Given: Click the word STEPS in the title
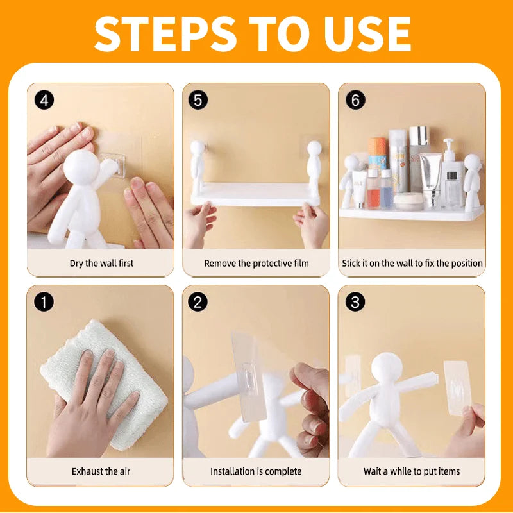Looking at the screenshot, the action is click(165, 34).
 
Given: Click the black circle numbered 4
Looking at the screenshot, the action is click(44, 100).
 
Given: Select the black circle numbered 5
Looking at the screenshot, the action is click(198, 100).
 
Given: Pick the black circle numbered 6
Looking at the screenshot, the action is click(355, 100).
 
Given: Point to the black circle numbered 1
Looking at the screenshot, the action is click(44, 301).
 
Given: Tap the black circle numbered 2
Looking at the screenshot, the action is click(198, 301).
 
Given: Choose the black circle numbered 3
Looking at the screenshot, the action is click(355, 301).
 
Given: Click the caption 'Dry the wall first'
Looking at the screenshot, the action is click(101, 264).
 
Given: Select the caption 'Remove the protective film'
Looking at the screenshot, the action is click(256, 264).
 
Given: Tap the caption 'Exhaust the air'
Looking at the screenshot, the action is click(101, 471).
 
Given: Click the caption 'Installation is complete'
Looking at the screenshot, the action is click(256, 471).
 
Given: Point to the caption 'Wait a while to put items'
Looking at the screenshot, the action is click(412, 471).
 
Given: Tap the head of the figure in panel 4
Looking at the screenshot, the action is click(81, 168).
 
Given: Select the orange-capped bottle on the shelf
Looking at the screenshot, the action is click(377, 154).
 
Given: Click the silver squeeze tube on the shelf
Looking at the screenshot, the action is click(431, 180).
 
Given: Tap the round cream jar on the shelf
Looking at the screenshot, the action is click(408, 201).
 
